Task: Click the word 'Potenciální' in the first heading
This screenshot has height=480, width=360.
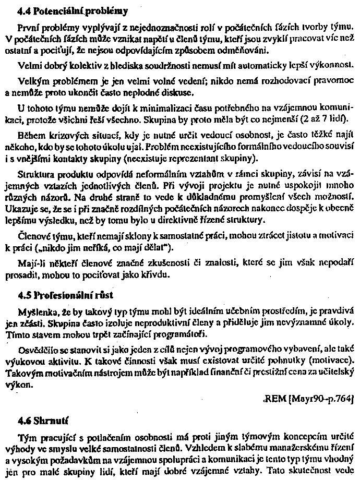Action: coord(55,10)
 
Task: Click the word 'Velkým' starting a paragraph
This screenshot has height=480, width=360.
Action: coord(32,82)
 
